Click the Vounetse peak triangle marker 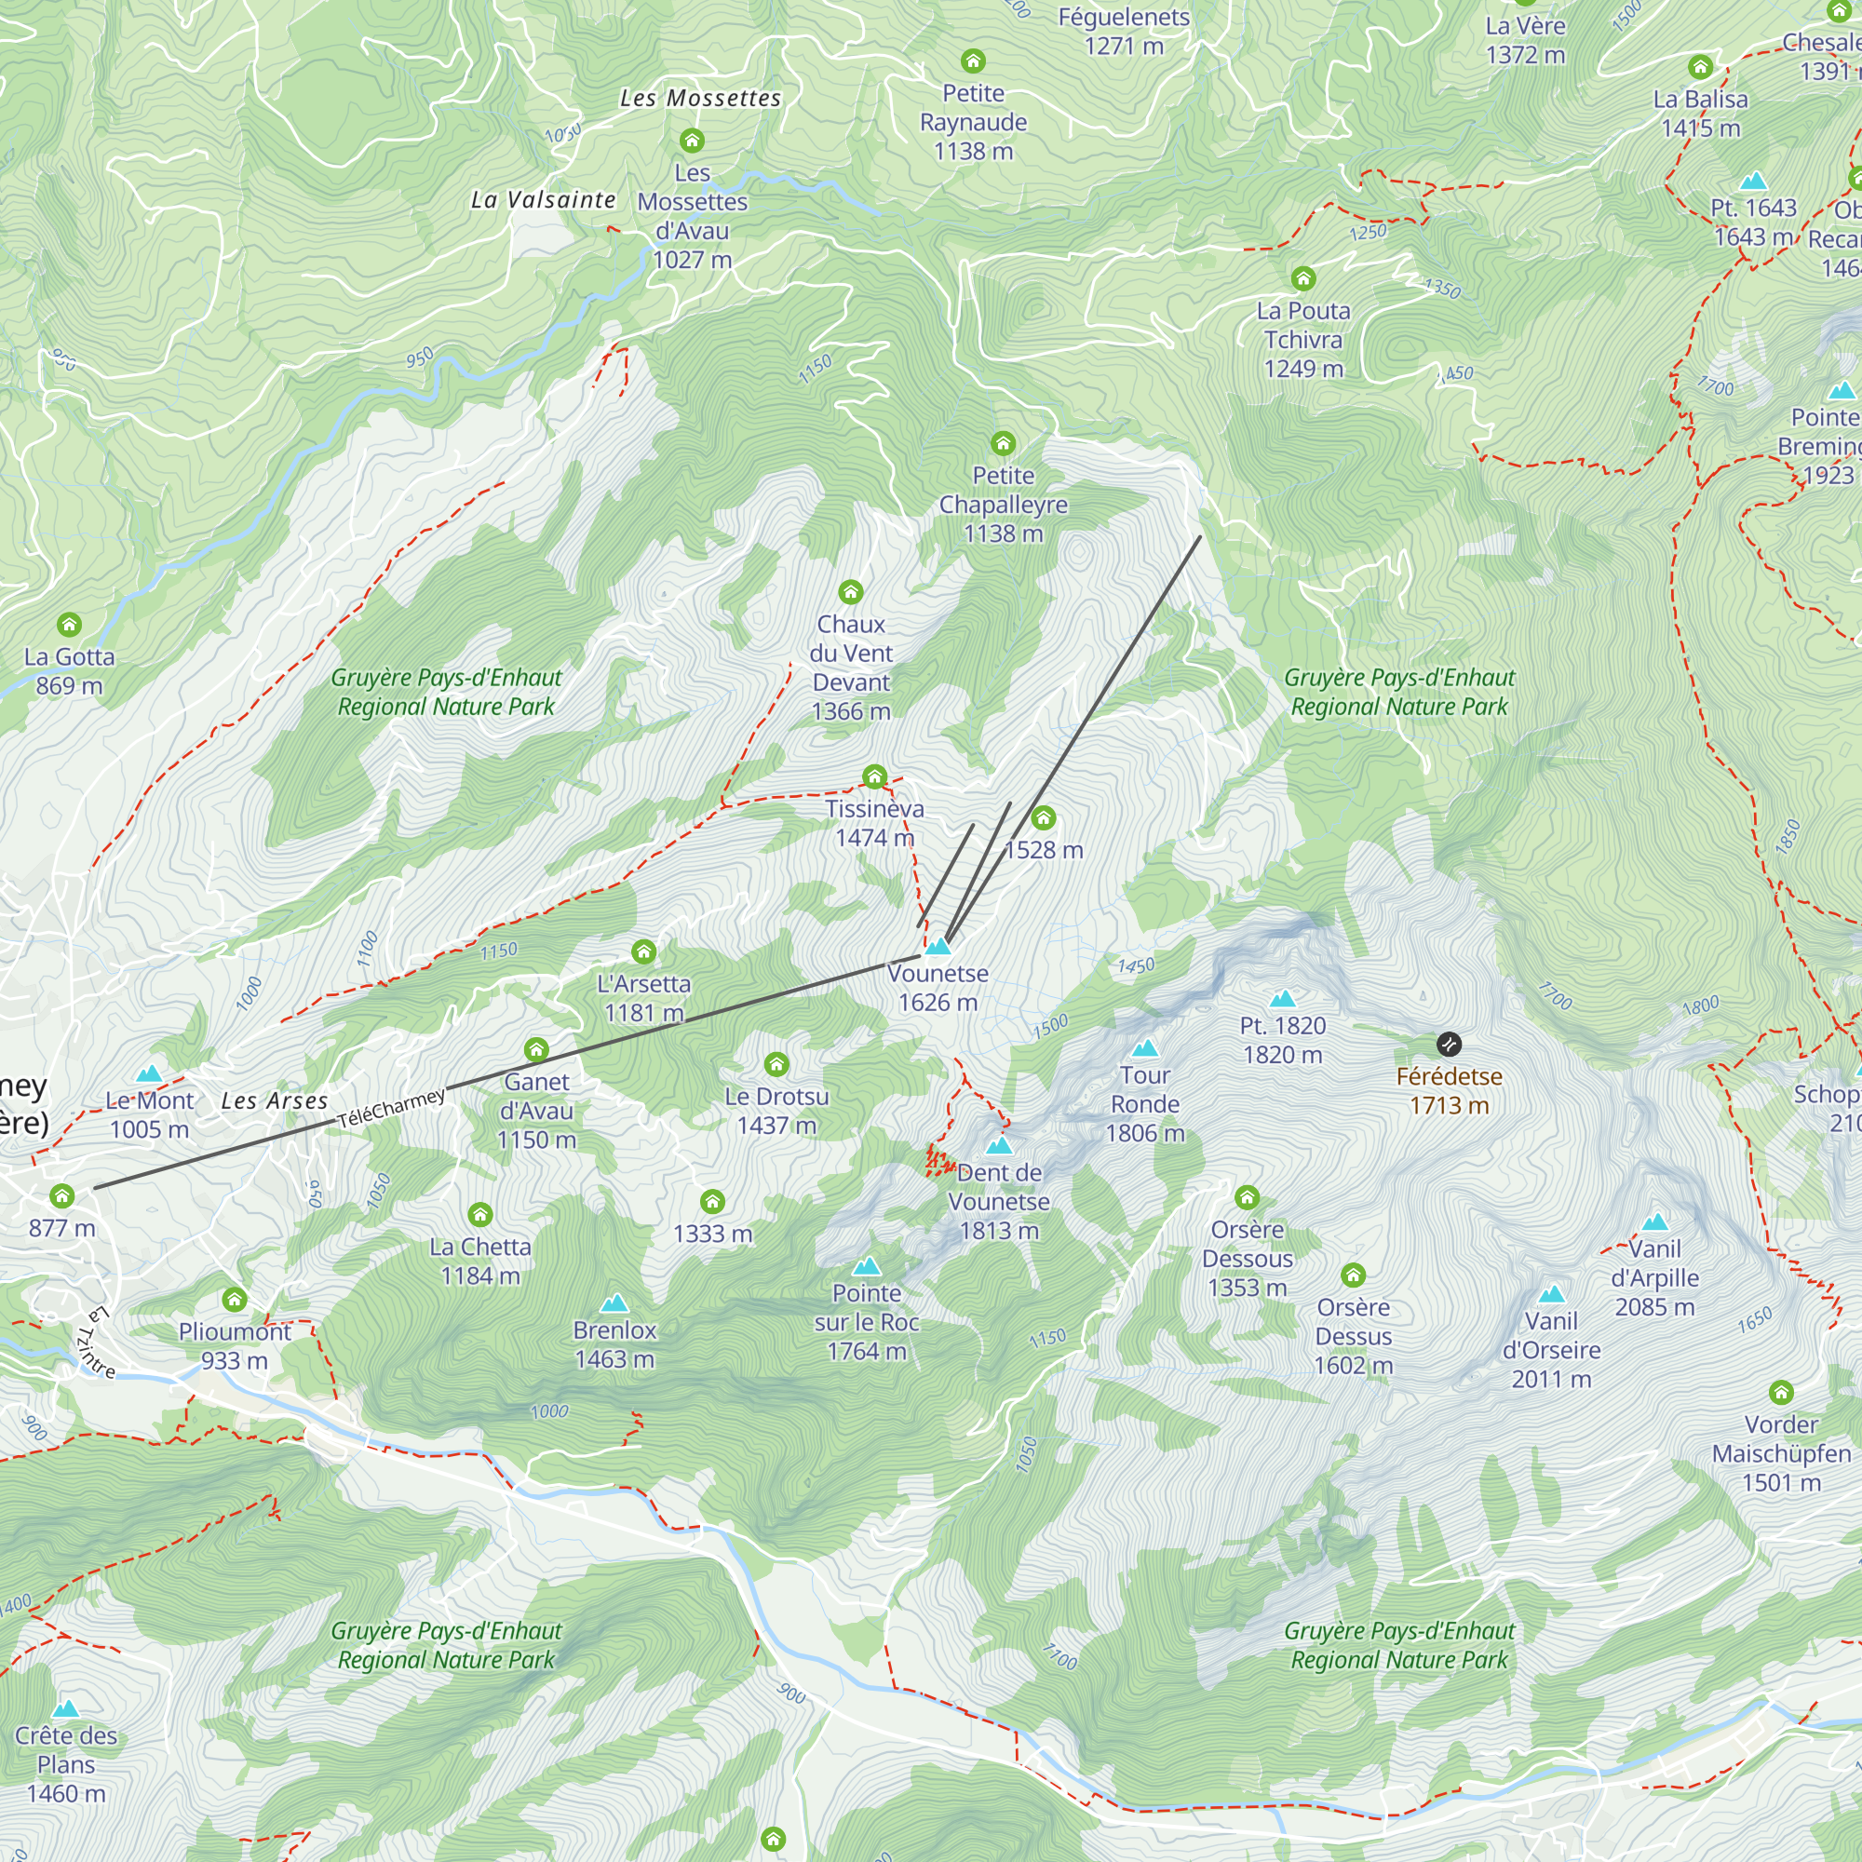[x=938, y=947]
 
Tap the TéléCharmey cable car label [x=391, y=1108]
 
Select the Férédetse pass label [x=1449, y=1090]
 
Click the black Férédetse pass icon [x=1449, y=1044]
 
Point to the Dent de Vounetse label [x=998, y=1201]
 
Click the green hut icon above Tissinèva [x=874, y=776]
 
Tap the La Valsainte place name [x=544, y=199]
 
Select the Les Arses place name [x=275, y=1100]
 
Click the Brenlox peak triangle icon [x=614, y=1305]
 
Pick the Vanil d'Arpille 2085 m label [x=1653, y=1278]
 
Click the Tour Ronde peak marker [x=1144, y=1048]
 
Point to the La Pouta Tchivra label [x=1303, y=339]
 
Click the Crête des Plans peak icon [x=65, y=1709]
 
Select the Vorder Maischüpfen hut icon [x=1780, y=1393]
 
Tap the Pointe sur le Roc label [x=867, y=1322]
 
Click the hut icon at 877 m [x=62, y=1196]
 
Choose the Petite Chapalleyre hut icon [x=1004, y=443]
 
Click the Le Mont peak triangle [x=148, y=1073]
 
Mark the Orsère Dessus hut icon [x=1353, y=1276]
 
